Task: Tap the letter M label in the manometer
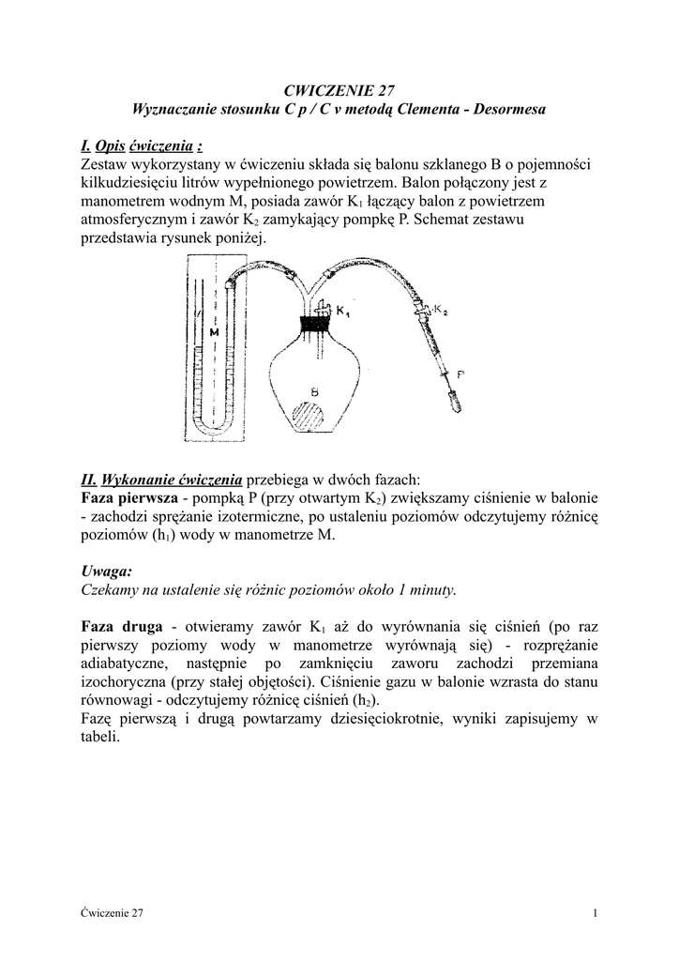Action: pyautogui.click(x=214, y=331)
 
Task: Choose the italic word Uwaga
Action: pyautogui.click(x=107, y=572)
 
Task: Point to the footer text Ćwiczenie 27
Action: pyautogui.click(x=112, y=913)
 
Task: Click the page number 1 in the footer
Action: pyautogui.click(x=596, y=913)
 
